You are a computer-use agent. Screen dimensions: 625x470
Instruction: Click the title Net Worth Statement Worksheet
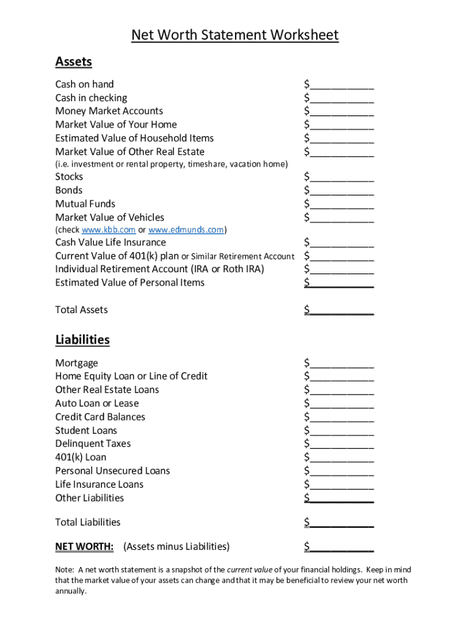235,35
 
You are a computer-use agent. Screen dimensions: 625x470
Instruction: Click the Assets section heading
73,62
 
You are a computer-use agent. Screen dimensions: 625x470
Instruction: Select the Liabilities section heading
82,340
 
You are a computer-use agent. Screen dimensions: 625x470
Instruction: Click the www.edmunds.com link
186,230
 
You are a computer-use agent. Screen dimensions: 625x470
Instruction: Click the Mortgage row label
76,363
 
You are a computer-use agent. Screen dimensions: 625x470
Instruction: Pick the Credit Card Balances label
100,417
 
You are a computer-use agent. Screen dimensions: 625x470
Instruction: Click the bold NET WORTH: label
84,546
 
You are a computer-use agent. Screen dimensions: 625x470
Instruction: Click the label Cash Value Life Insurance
110,243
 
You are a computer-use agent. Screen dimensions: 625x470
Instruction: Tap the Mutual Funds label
85,204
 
